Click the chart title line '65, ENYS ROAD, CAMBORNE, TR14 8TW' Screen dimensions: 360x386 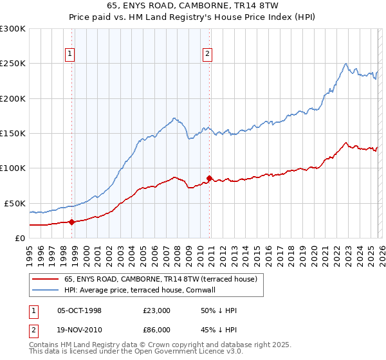193,6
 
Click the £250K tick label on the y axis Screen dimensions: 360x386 13,64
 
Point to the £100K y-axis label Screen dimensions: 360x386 13,168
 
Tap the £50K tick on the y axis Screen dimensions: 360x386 15,203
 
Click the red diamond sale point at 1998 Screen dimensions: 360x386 71,222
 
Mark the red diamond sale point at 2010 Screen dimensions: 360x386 209,178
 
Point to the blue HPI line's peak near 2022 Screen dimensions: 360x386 346,64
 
